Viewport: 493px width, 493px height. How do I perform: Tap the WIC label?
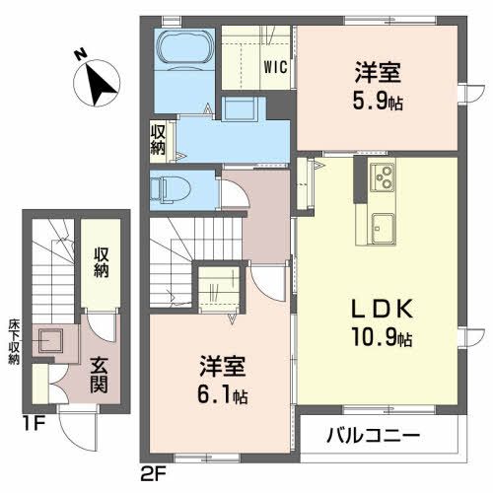click(x=273, y=68)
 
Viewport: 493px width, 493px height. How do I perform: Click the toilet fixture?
click(x=170, y=185)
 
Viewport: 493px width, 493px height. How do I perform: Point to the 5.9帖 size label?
click(x=380, y=101)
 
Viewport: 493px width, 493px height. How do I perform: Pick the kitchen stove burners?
click(x=380, y=178)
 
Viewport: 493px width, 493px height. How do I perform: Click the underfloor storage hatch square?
click(x=53, y=341)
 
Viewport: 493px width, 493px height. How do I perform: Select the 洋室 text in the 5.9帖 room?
click(x=378, y=72)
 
